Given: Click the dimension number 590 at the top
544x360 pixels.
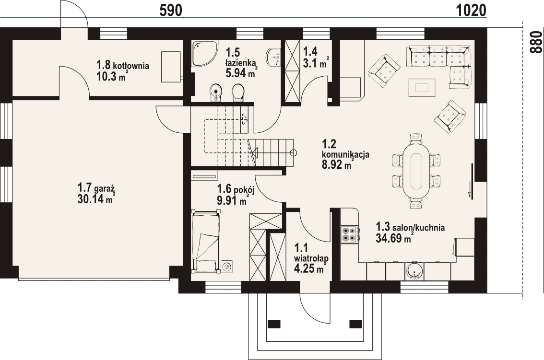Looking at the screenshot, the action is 171,11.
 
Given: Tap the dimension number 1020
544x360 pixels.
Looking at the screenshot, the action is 471,11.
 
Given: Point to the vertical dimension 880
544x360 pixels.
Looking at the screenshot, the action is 536,42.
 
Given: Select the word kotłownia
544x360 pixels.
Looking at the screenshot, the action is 131,65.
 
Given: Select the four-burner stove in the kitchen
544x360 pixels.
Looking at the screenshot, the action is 349,234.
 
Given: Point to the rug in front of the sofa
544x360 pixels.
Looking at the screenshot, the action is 422,87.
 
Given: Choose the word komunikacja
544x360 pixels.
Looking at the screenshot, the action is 345,154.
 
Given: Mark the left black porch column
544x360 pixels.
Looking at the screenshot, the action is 274,324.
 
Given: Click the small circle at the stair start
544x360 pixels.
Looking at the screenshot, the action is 294,152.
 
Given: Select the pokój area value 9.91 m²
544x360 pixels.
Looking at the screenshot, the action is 233,200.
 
